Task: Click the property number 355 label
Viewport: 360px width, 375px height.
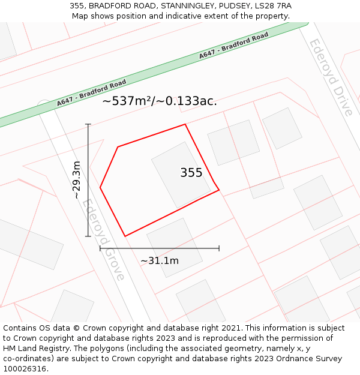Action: click(x=191, y=173)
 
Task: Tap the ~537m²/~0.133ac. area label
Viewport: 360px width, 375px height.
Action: click(x=160, y=101)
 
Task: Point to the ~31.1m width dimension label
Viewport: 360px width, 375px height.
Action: click(x=160, y=260)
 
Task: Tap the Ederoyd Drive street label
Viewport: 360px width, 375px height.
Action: click(x=331, y=77)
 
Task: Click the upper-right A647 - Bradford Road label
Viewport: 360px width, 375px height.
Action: click(x=233, y=46)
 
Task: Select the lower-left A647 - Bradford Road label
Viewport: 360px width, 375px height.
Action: click(x=92, y=92)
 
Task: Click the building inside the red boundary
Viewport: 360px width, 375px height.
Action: click(x=181, y=175)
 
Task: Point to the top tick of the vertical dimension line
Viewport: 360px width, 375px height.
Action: click(x=88, y=124)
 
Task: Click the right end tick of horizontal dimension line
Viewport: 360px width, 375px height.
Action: click(x=219, y=248)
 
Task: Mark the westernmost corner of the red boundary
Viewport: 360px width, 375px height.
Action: click(x=100, y=188)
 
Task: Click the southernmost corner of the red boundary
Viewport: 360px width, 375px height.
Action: click(x=125, y=236)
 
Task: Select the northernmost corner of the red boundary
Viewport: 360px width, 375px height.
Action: click(x=185, y=124)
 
